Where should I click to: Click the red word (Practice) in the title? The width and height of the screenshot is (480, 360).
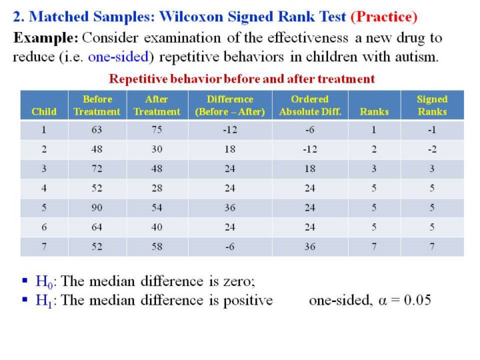pos(384,17)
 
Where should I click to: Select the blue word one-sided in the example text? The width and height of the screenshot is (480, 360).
pos(118,57)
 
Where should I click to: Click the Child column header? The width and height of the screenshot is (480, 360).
pos(44,111)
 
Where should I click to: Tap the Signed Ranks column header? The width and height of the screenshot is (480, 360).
pos(432,105)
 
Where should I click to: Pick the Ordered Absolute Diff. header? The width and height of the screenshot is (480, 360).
pos(310,105)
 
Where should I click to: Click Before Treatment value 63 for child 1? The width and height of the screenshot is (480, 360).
pos(97,129)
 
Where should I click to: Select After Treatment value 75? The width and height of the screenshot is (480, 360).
pos(157,129)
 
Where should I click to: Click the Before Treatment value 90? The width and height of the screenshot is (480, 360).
pos(97,207)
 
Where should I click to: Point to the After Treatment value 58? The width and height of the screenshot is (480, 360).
pos(157,247)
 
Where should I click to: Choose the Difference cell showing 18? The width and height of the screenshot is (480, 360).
pos(230,149)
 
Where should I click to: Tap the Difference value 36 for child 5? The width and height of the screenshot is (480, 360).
pos(230,207)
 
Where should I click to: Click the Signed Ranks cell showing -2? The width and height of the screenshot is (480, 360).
pos(432,149)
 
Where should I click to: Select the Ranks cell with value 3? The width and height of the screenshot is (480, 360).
pos(374,169)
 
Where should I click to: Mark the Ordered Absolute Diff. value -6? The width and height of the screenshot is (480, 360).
pos(310,129)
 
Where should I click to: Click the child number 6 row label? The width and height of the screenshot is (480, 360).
pos(44,227)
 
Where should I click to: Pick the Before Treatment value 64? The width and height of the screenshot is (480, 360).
pos(97,227)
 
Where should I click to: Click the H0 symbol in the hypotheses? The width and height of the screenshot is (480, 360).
pos(44,281)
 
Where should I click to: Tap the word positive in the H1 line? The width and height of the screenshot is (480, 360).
pos(248,301)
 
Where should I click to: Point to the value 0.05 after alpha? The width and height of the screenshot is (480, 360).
pos(417,300)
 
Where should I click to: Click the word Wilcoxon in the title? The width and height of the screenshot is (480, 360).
pos(191,17)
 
